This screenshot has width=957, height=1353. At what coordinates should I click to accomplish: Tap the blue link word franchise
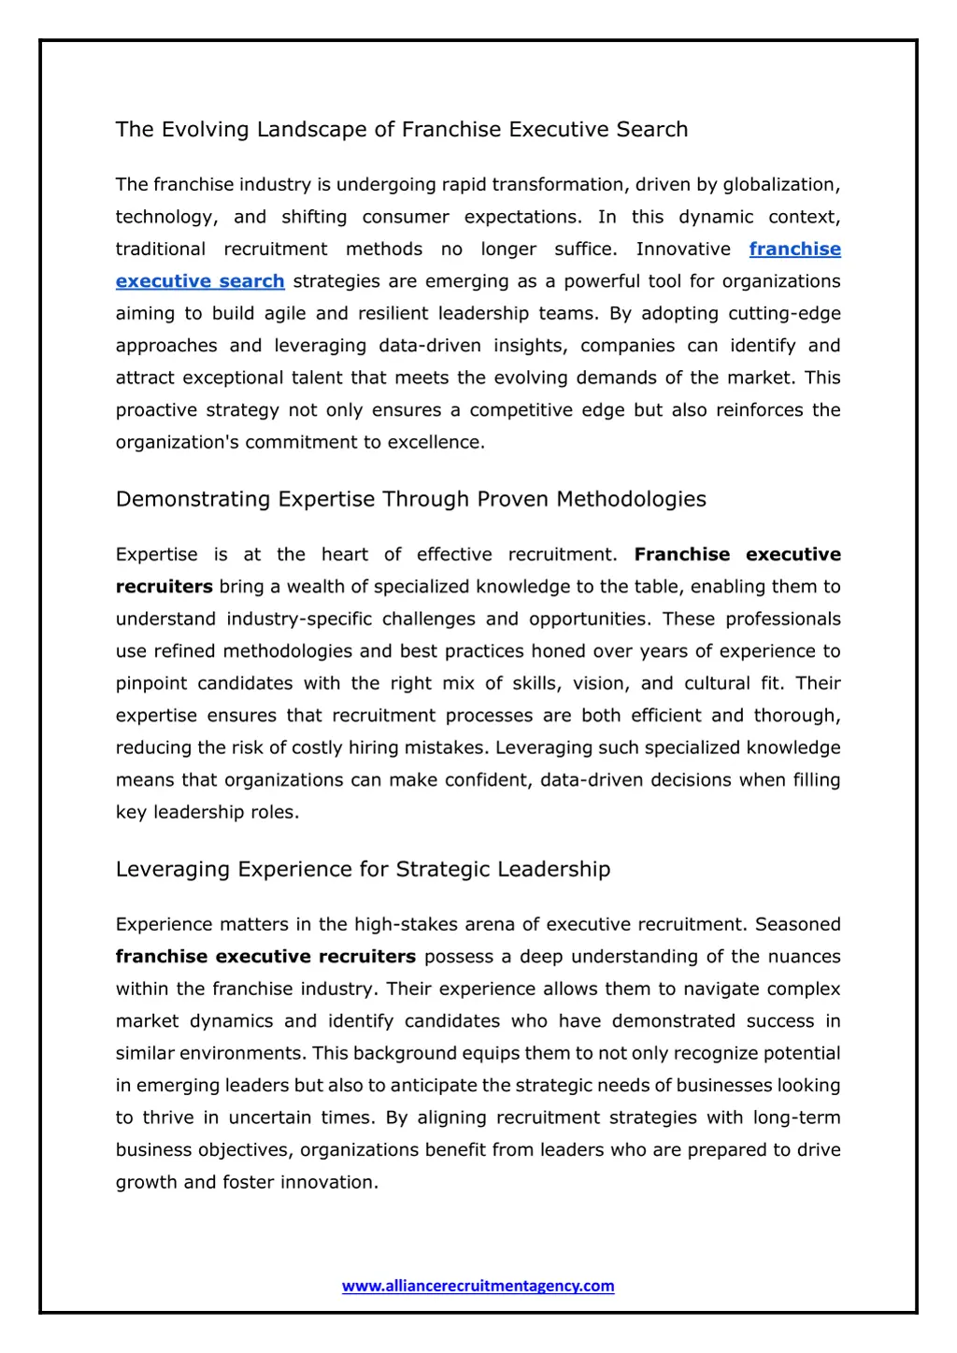point(794,249)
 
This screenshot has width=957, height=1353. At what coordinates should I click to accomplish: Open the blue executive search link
point(200,281)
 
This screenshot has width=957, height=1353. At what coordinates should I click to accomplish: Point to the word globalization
point(780,185)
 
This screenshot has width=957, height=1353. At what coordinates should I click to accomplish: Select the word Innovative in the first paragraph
point(683,249)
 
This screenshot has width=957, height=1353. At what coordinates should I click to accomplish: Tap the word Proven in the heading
point(513,499)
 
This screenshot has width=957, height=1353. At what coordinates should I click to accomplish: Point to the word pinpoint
point(151,683)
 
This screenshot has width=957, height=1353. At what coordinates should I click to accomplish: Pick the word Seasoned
point(797,924)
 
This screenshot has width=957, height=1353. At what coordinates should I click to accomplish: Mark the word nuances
point(804,957)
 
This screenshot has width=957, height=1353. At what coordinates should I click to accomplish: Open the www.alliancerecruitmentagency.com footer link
point(478,1286)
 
